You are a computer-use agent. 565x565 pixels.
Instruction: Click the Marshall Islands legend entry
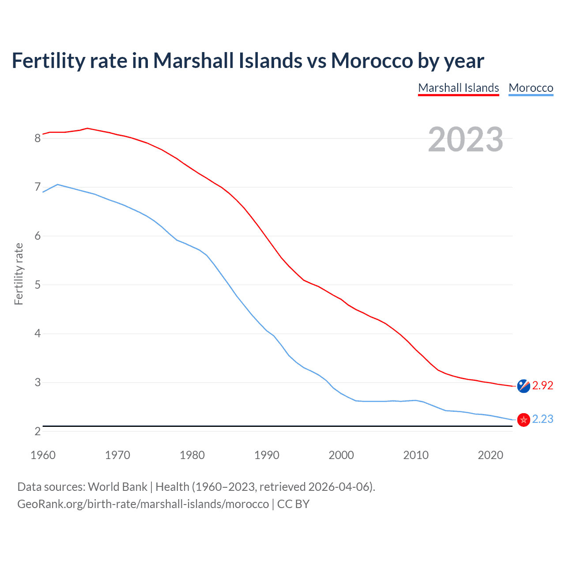(458, 88)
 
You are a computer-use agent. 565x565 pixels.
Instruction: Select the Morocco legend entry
(531, 88)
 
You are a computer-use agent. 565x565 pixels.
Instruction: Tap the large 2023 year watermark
(465, 139)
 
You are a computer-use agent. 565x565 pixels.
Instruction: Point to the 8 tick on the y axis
(38, 139)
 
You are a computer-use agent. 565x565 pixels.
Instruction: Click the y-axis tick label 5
(38, 285)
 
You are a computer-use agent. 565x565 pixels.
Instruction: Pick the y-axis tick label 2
(38, 431)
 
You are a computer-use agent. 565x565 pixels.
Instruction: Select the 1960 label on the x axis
(43, 455)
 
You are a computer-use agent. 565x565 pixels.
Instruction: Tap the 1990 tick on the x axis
(267, 455)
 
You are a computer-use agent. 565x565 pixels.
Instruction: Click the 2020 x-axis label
(490, 455)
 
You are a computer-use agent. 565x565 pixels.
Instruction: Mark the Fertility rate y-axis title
(19, 274)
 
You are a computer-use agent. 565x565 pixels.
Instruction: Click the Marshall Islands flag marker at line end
(524, 386)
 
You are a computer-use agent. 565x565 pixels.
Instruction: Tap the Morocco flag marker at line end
(524, 420)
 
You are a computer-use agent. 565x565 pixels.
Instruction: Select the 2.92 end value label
(542, 385)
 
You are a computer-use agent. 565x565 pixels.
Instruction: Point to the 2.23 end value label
(542, 419)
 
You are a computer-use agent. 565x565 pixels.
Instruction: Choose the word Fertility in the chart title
(47, 60)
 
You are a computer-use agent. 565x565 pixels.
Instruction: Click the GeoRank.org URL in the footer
(143, 504)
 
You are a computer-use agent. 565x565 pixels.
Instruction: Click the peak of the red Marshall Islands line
(87, 128)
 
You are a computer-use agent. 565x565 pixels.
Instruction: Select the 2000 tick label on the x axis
(341, 455)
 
